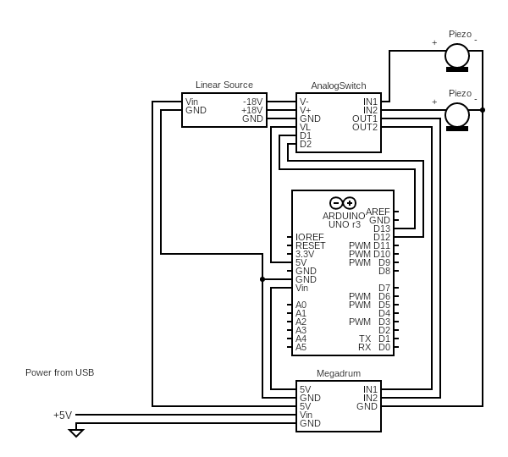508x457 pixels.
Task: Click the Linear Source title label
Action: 224,85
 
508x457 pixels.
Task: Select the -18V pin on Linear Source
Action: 252,102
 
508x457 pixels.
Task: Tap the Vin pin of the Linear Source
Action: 192,102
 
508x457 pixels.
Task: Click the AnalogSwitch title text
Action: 339,85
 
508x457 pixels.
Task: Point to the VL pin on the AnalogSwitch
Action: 305,127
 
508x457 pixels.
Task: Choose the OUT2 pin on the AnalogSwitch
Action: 365,127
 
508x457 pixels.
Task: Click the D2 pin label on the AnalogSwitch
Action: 306,144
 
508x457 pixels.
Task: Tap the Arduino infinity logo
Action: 343,203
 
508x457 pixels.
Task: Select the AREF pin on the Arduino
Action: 378,212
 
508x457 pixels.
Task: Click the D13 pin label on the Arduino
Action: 381,228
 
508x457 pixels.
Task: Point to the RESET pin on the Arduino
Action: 310,245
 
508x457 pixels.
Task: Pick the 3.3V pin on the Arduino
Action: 305,254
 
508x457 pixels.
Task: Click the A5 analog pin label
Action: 301,347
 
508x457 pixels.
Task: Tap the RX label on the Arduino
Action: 364,347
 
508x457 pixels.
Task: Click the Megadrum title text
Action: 339,373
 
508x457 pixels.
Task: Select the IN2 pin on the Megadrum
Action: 370,398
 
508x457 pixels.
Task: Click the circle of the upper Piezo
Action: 457,56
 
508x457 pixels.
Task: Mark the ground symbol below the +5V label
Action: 76,432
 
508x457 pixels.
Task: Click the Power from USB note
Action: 59,372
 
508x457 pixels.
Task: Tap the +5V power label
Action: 63,415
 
